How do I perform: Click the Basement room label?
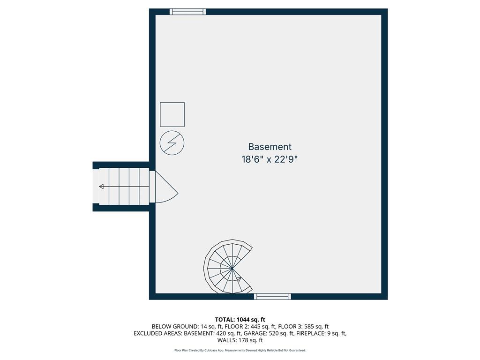click(270, 147)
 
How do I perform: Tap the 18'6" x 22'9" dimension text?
click(270, 159)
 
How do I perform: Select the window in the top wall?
click(187, 12)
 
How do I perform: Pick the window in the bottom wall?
click(272, 296)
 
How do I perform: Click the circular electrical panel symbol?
click(172, 143)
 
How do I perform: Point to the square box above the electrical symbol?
click(172, 114)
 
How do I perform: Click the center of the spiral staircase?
click(232, 269)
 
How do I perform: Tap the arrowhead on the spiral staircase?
click(239, 279)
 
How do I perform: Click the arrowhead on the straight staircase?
click(101, 187)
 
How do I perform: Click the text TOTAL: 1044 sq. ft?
click(240, 320)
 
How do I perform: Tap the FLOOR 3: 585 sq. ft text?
click(303, 327)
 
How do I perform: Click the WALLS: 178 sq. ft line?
click(240, 340)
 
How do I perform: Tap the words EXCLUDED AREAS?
click(157, 333)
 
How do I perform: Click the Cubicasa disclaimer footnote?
click(240, 350)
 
